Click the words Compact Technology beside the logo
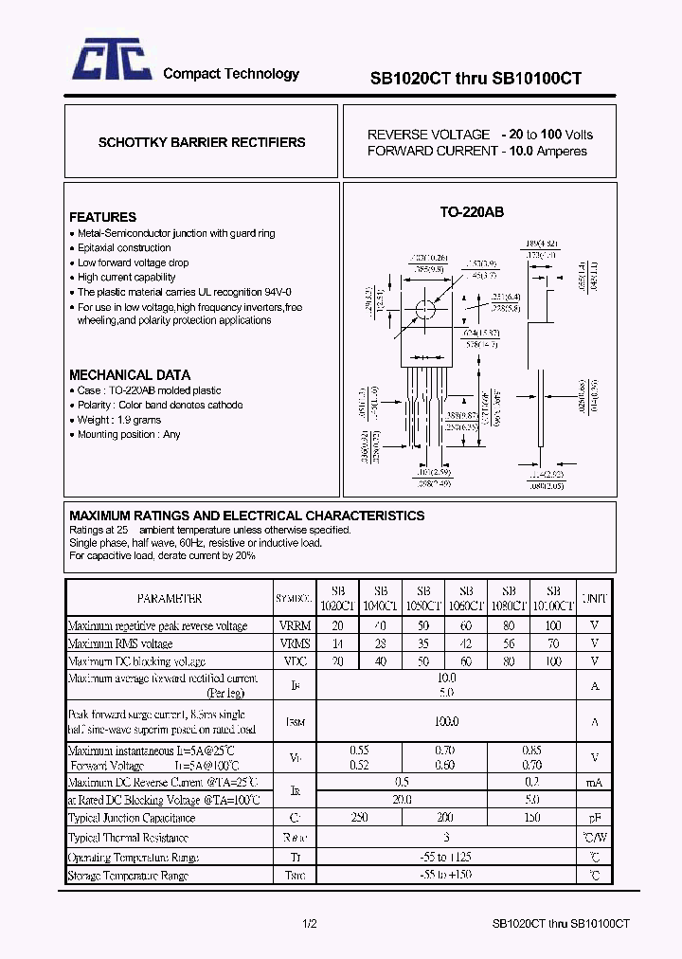231,74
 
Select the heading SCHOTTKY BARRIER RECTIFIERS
202,142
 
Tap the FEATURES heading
102,217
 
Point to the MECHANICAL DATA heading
130,374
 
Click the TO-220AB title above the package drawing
472,212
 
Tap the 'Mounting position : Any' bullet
128,434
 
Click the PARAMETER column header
169,599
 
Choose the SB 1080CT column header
510,598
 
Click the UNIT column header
595,599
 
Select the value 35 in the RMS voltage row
423,643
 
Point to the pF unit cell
595,817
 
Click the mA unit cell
595,783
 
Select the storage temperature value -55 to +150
445,876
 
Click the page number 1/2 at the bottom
310,923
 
